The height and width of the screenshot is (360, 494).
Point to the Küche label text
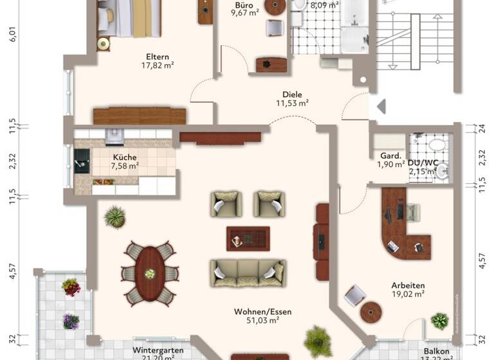tap(125, 157)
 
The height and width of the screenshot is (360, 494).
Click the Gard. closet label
tap(391, 156)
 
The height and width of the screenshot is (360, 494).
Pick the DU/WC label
tap(423, 163)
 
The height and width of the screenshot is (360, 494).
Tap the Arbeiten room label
tap(408, 285)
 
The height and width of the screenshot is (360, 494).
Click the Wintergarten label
tap(158, 350)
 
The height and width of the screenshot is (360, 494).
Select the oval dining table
tap(150, 273)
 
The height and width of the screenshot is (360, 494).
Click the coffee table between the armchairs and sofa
tap(248, 239)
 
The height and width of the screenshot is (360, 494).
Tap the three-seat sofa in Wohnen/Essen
tap(248, 273)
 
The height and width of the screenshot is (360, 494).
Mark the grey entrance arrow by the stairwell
tap(381, 106)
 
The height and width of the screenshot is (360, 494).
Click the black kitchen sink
tap(82, 160)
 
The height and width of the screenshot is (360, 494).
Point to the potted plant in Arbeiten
tap(440, 321)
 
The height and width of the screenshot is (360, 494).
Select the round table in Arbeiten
tap(371, 312)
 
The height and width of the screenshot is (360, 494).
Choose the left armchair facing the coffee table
tap(226, 204)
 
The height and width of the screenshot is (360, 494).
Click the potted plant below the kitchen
tap(115, 217)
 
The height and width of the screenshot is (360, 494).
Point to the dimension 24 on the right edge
tap(482, 128)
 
